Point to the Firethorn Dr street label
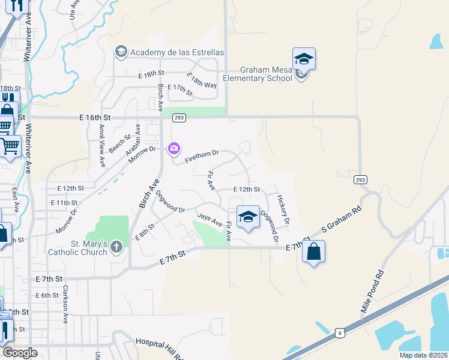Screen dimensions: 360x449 coord(201,158)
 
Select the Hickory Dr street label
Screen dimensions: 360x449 coord(284,209)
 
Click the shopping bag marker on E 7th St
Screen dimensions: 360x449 coord(314,252)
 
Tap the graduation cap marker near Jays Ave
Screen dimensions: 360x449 coord(247,217)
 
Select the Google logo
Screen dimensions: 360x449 coord(19,353)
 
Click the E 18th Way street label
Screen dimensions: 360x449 coord(202,82)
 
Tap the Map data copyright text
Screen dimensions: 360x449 coord(423,355)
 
